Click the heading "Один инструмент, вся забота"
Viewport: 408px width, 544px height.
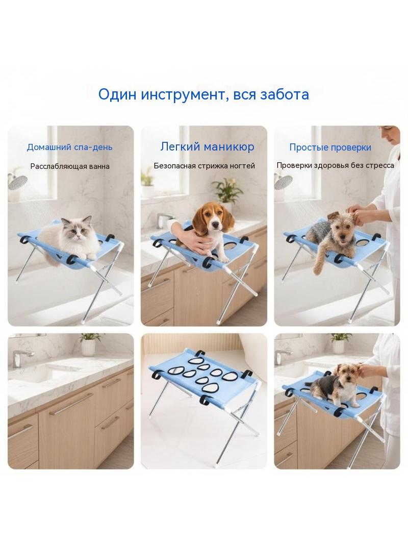[203, 94]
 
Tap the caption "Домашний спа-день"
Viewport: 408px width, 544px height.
[70, 147]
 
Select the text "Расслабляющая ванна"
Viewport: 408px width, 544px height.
[70, 166]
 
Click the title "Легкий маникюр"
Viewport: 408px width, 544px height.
[207, 147]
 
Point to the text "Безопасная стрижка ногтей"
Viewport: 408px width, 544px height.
[204, 166]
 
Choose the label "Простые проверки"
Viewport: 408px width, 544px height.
[330, 147]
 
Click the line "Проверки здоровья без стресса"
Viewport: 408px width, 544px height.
[335, 165]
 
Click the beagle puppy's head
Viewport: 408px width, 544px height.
[211, 218]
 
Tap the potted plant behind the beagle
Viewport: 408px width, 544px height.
[228, 190]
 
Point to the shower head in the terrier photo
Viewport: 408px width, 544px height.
[284, 182]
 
